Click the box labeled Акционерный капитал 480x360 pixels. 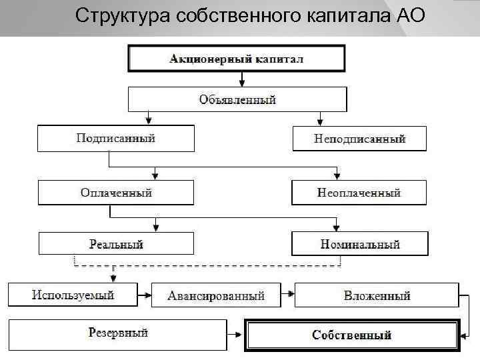(237, 59)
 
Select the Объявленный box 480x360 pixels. (237, 100)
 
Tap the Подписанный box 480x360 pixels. (116, 139)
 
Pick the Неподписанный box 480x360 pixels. (359, 139)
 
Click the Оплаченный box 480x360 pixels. (116, 193)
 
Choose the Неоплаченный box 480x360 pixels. (359, 193)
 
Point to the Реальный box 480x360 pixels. (116, 245)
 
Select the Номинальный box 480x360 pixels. (359, 245)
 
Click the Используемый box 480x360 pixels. (73, 295)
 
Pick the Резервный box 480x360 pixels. (118, 333)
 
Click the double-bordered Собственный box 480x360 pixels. (352, 335)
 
